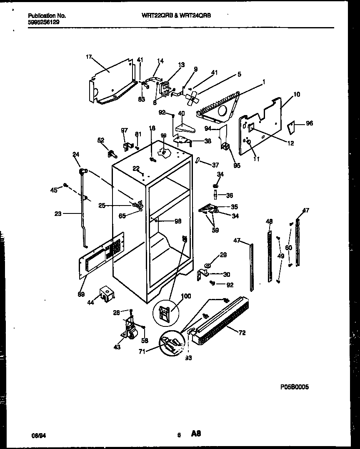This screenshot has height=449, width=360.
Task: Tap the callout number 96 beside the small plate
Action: (309, 123)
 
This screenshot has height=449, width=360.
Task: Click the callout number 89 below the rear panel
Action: (81, 294)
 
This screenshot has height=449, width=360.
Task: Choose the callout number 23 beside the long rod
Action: (58, 214)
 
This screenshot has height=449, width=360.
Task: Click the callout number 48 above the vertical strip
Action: (269, 221)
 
